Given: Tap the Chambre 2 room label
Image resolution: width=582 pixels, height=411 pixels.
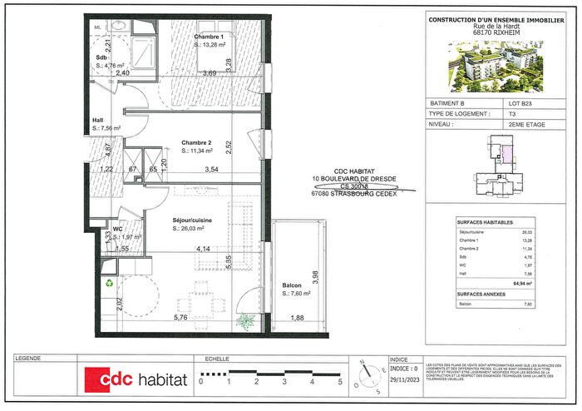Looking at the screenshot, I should pyautogui.click(x=197, y=142).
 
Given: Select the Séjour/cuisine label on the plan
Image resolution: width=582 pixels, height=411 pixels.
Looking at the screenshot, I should pyautogui.click(x=192, y=220).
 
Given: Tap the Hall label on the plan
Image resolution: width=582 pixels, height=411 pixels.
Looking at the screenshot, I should pyautogui.click(x=97, y=120).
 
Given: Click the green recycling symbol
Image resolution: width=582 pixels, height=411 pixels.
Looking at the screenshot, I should pyautogui.click(x=109, y=282).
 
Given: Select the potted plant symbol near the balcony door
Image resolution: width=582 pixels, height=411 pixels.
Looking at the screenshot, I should pyautogui.click(x=246, y=319).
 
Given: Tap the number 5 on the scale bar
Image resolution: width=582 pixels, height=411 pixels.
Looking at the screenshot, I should pyautogui.click(x=340, y=382).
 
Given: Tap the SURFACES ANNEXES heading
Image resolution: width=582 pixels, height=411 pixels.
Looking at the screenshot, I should pyautogui.click(x=483, y=295).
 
